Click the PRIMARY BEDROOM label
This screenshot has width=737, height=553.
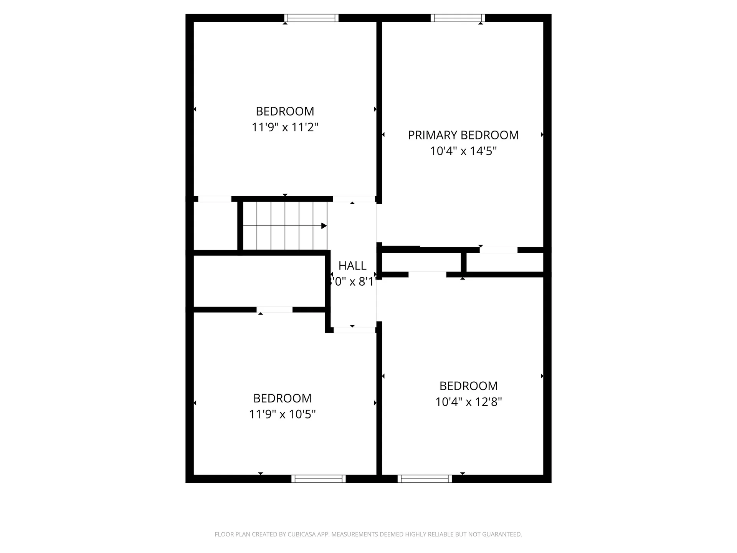pos(463,135)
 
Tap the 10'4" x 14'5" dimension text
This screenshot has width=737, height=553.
pos(463,151)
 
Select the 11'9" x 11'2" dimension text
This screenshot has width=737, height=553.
pos(285,127)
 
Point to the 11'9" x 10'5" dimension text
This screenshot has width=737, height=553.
pos(282,414)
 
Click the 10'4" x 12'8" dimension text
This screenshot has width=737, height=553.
pos(468,402)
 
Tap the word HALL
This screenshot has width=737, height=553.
pos(352,266)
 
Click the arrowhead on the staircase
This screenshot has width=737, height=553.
pos(324,226)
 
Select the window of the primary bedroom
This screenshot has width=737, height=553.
pos(458,18)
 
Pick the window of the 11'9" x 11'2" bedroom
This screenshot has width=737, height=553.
pos(311,18)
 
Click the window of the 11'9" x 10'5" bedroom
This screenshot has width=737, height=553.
pos(318,479)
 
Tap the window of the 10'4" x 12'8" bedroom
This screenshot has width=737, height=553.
pos(425,479)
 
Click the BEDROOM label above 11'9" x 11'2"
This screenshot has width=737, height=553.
pos(285,111)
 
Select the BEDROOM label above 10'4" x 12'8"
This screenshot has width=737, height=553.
pos(468,386)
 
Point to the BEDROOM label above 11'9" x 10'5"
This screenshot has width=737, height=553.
pos(282,398)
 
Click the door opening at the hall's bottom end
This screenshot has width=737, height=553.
pos(354,330)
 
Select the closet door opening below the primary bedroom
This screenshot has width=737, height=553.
pos(498,250)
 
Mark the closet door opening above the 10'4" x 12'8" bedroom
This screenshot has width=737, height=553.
pos(427,275)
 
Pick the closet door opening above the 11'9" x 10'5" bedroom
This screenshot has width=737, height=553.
pos(274,310)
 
